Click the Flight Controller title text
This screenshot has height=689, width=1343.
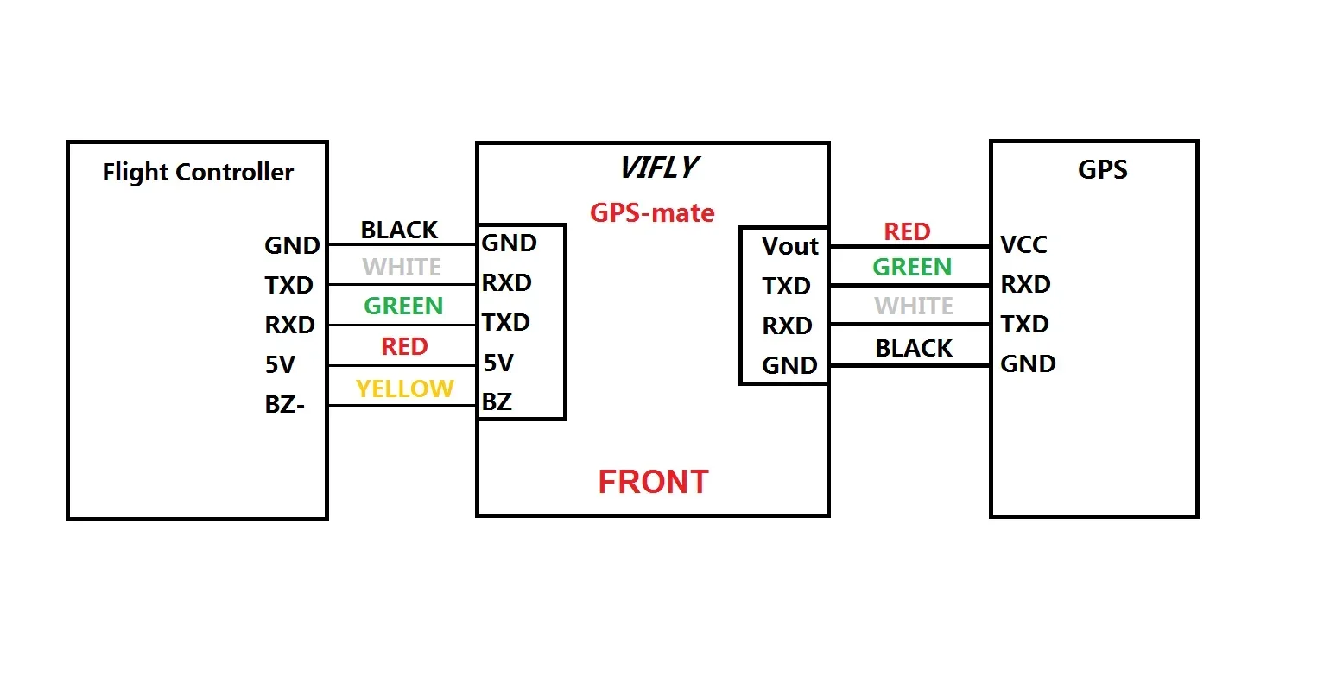198,173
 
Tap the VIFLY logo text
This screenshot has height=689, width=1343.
659,168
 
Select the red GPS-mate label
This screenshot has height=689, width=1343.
652,213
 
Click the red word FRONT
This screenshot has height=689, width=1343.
653,482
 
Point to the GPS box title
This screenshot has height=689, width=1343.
1102,169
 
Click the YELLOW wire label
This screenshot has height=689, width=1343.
404,389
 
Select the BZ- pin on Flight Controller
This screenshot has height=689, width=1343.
284,405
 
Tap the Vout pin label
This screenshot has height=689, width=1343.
789,247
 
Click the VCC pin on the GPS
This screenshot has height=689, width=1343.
1023,245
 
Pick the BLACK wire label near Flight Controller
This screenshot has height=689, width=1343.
399,231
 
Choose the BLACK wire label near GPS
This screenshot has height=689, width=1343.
914,349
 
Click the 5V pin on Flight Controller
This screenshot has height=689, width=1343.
280,365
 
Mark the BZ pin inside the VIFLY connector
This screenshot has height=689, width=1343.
497,402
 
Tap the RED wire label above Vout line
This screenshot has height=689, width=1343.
907,232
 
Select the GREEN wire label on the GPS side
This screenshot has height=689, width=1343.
912,268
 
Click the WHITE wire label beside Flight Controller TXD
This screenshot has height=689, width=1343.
402,268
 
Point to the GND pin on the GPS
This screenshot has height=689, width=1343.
1028,364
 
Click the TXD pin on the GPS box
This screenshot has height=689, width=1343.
1024,325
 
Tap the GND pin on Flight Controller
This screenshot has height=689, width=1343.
292,246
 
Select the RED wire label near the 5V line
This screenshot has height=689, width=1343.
404,347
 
